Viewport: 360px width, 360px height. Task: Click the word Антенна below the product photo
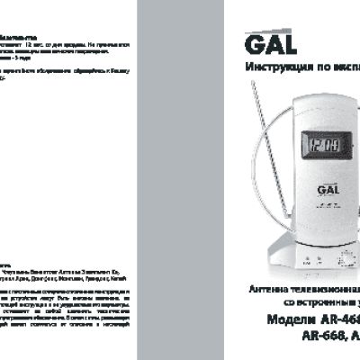pos(267,290)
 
